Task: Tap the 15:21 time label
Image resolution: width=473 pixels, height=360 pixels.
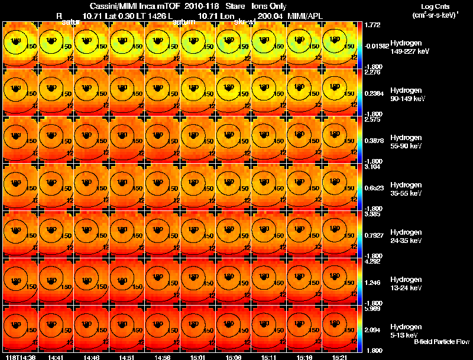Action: click(339, 357)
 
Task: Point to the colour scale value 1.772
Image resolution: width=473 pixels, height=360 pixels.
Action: click(373, 24)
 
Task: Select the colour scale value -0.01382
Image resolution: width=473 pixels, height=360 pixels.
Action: click(377, 45)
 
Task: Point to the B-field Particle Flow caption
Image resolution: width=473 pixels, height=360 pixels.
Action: click(442, 342)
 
